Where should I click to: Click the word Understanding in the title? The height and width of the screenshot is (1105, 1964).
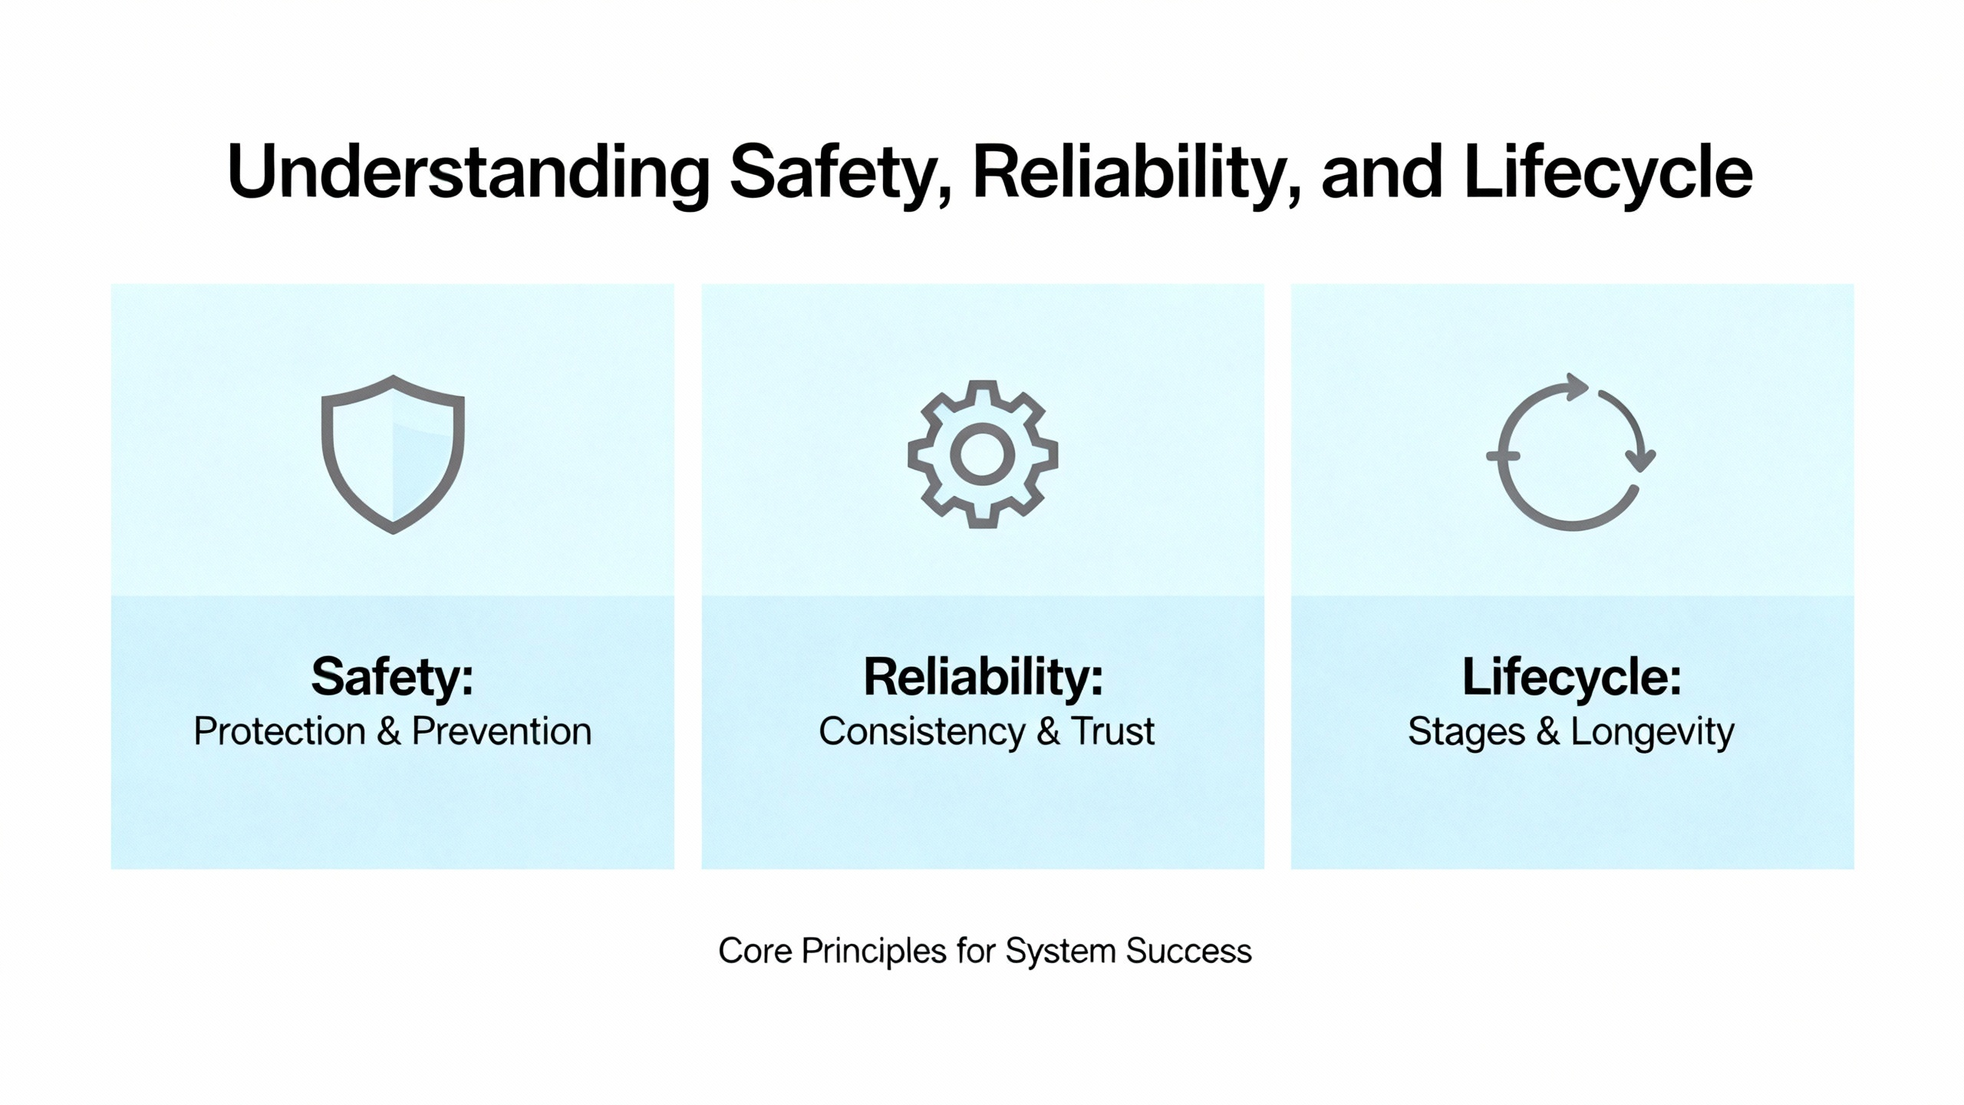pos(469,173)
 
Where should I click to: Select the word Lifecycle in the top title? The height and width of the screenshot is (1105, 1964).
pos(1608,173)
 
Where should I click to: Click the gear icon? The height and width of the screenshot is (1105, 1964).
pos(983,454)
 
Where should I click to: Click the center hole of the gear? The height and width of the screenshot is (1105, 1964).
pos(983,454)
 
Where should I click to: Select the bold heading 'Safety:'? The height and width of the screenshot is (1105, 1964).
pos(392,678)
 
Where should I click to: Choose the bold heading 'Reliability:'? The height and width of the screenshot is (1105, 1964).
pos(983,677)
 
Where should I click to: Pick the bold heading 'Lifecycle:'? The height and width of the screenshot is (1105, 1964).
pos(1572,677)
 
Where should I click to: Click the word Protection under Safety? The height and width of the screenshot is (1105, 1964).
pos(279,731)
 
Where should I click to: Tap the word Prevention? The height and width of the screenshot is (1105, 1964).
pos(502,731)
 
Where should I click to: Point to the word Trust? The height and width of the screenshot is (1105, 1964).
pos(1112,731)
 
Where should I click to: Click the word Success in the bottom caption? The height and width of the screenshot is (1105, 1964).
pos(1189,951)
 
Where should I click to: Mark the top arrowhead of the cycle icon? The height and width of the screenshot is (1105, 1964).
pos(1577,387)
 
